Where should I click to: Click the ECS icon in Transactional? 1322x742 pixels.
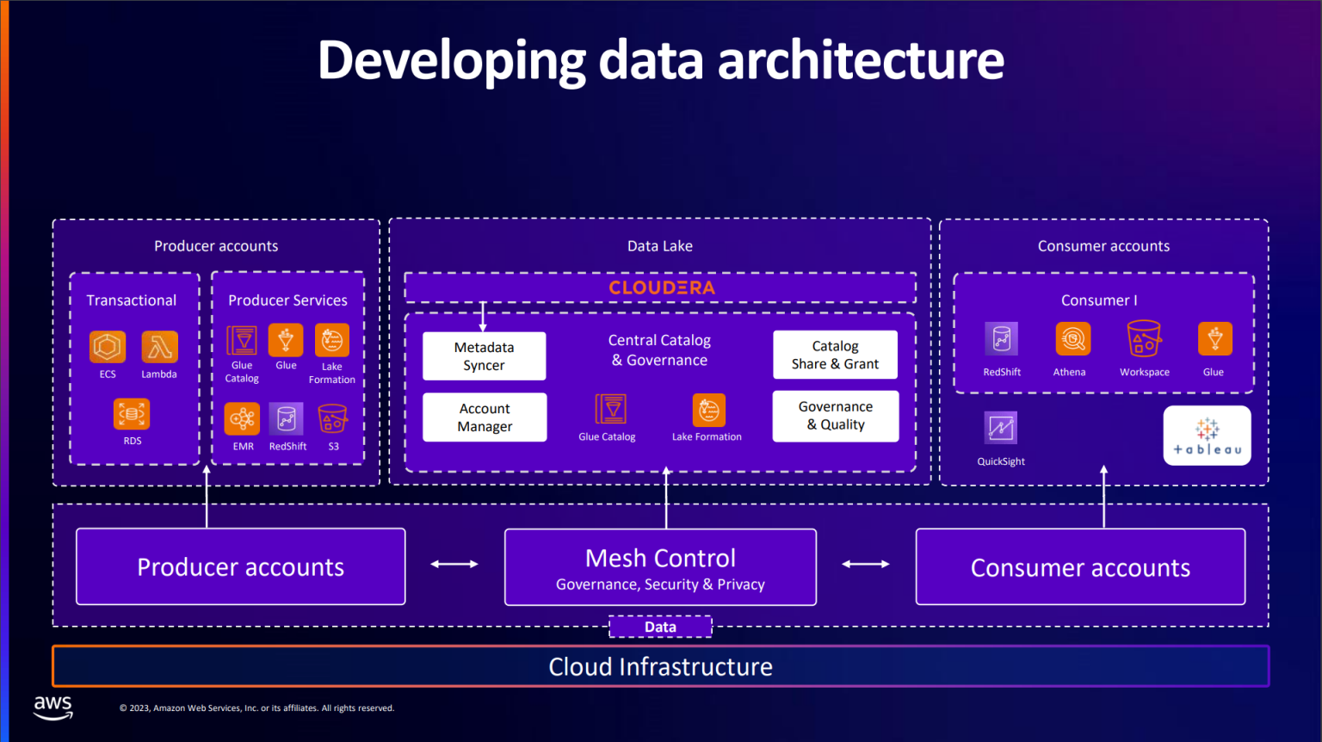coord(108,347)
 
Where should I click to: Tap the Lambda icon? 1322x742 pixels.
coord(159,347)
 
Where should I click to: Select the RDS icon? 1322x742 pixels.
coord(132,414)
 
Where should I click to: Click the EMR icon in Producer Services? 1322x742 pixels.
coord(242,419)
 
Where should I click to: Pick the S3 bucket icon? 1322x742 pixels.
coord(333,419)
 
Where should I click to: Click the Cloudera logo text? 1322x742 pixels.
coord(661,288)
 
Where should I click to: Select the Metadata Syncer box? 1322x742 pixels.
coord(484,356)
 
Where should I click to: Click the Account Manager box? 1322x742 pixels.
coord(485,417)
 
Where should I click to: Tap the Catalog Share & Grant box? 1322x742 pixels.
coord(835,355)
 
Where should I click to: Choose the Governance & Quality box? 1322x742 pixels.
coord(835,416)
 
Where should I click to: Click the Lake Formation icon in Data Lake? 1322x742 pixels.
coord(708,410)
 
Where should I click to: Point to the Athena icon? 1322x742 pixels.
coord(1072,339)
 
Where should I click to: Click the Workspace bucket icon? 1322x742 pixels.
coord(1144,339)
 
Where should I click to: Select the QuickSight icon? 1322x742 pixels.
coord(1001,428)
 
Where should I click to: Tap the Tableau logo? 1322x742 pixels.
coord(1207,436)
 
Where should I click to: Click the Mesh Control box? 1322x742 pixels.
coord(660,567)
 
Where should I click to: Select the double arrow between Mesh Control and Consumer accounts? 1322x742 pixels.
coord(865,564)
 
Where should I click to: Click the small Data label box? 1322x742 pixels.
coord(660,627)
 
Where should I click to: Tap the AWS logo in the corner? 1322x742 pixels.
coord(53,707)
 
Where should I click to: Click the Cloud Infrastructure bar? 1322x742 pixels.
coord(660,666)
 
